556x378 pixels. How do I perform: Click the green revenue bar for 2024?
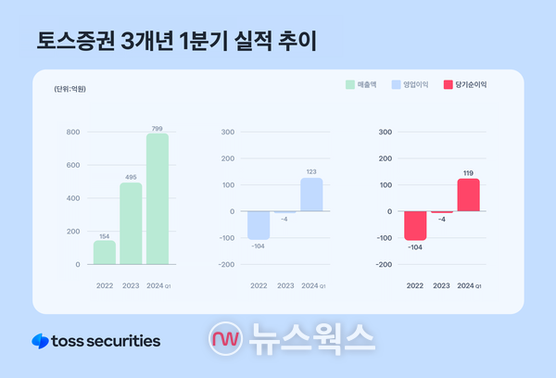(x=158, y=199)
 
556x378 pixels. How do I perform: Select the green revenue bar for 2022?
(x=105, y=252)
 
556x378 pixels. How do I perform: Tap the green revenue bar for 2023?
(x=131, y=223)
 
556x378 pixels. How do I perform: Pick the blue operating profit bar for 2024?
(x=311, y=195)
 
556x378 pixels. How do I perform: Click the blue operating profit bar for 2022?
(x=259, y=224)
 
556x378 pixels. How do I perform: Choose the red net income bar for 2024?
(x=468, y=195)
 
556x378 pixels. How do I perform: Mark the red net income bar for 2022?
(x=415, y=224)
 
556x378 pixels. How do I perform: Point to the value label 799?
(x=158, y=128)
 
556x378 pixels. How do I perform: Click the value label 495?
(x=131, y=177)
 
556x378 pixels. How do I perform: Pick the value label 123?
(x=311, y=171)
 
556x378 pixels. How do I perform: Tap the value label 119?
(x=468, y=172)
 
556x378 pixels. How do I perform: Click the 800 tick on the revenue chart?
(x=72, y=132)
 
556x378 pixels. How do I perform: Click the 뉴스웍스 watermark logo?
(x=292, y=339)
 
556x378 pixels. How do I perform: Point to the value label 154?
(x=105, y=235)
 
